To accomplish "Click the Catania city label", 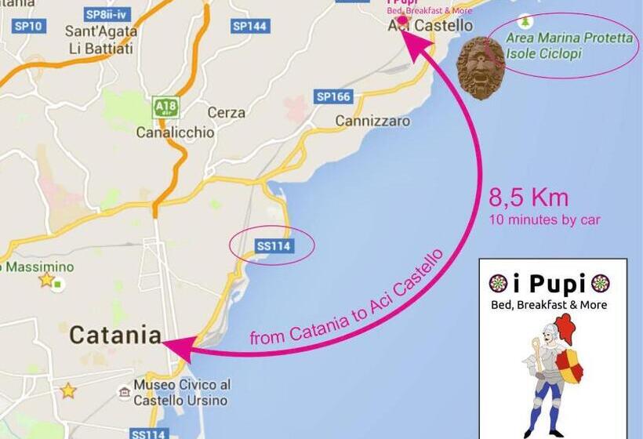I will (x=115, y=335).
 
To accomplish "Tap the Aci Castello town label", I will (x=430, y=25).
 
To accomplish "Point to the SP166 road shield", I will (x=333, y=96).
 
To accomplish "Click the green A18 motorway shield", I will (x=163, y=107).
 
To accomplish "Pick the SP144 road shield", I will (x=250, y=26).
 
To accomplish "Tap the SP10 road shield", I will (x=29, y=26).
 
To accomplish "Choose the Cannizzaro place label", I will (x=372, y=122).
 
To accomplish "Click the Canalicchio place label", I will (x=175, y=132).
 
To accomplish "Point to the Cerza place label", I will (x=226, y=112).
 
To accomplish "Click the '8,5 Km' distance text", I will (x=529, y=198).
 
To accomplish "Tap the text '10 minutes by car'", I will (x=544, y=219).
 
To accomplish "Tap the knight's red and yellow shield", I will (x=570, y=366).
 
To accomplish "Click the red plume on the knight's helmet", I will (x=565, y=328).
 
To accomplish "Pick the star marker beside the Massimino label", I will (x=46, y=279).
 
